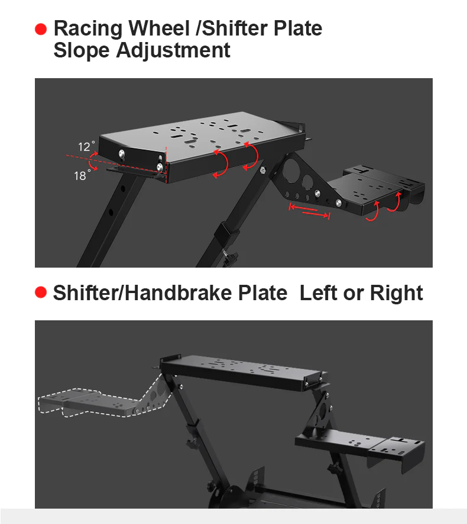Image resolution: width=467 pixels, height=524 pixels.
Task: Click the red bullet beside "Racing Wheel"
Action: coord(41,29)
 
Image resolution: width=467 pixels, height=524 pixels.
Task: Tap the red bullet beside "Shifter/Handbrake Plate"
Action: coord(41,292)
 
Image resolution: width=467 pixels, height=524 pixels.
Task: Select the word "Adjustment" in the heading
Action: coord(173,50)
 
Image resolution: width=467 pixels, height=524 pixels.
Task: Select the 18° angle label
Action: coord(82,175)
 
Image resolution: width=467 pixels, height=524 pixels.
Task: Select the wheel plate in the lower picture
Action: coord(242,370)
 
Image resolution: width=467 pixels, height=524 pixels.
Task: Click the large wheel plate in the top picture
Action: coord(201,139)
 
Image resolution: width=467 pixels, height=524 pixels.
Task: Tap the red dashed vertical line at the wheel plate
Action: coord(167,162)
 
